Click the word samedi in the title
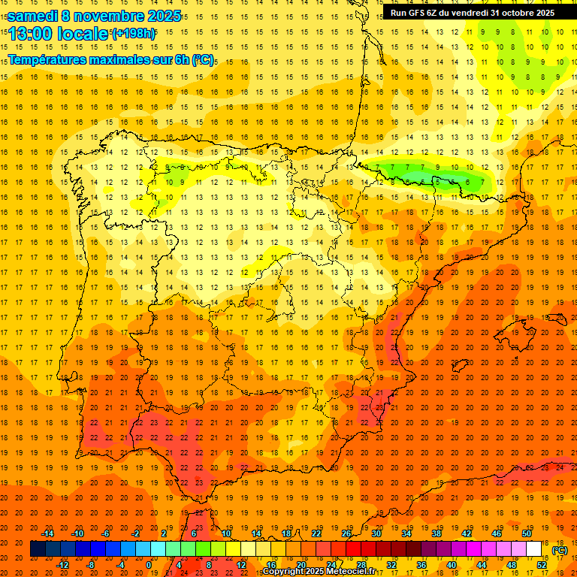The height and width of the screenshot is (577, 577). pyautogui.click(x=35, y=16)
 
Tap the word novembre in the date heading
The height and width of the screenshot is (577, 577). pyautogui.click(x=113, y=16)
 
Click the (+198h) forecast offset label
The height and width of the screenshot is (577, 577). pyautogui.click(x=134, y=34)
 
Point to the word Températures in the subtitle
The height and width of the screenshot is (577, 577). pyautogui.click(x=51, y=59)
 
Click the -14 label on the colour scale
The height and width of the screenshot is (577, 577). pyautogui.click(x=47, y=533)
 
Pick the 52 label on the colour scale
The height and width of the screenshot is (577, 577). pyautogui.click(x=542, y=565)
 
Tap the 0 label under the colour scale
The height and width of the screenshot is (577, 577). pyautogui.click(x=149, y=565)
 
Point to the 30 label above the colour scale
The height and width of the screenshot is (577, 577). pyautogui.click(x=376, y=533)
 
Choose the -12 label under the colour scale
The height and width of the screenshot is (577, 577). pyautogui.click(x=64, y=565)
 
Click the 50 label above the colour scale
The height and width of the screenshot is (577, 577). pyautogui.click(x=527, y=533)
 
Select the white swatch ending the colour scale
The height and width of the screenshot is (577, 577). pyautogui.click(x=534, y=549)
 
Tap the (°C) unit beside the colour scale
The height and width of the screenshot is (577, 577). pyautogui.click(x=560, y=550)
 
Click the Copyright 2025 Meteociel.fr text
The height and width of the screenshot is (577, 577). pyautogui.click(x=319, y=572)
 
